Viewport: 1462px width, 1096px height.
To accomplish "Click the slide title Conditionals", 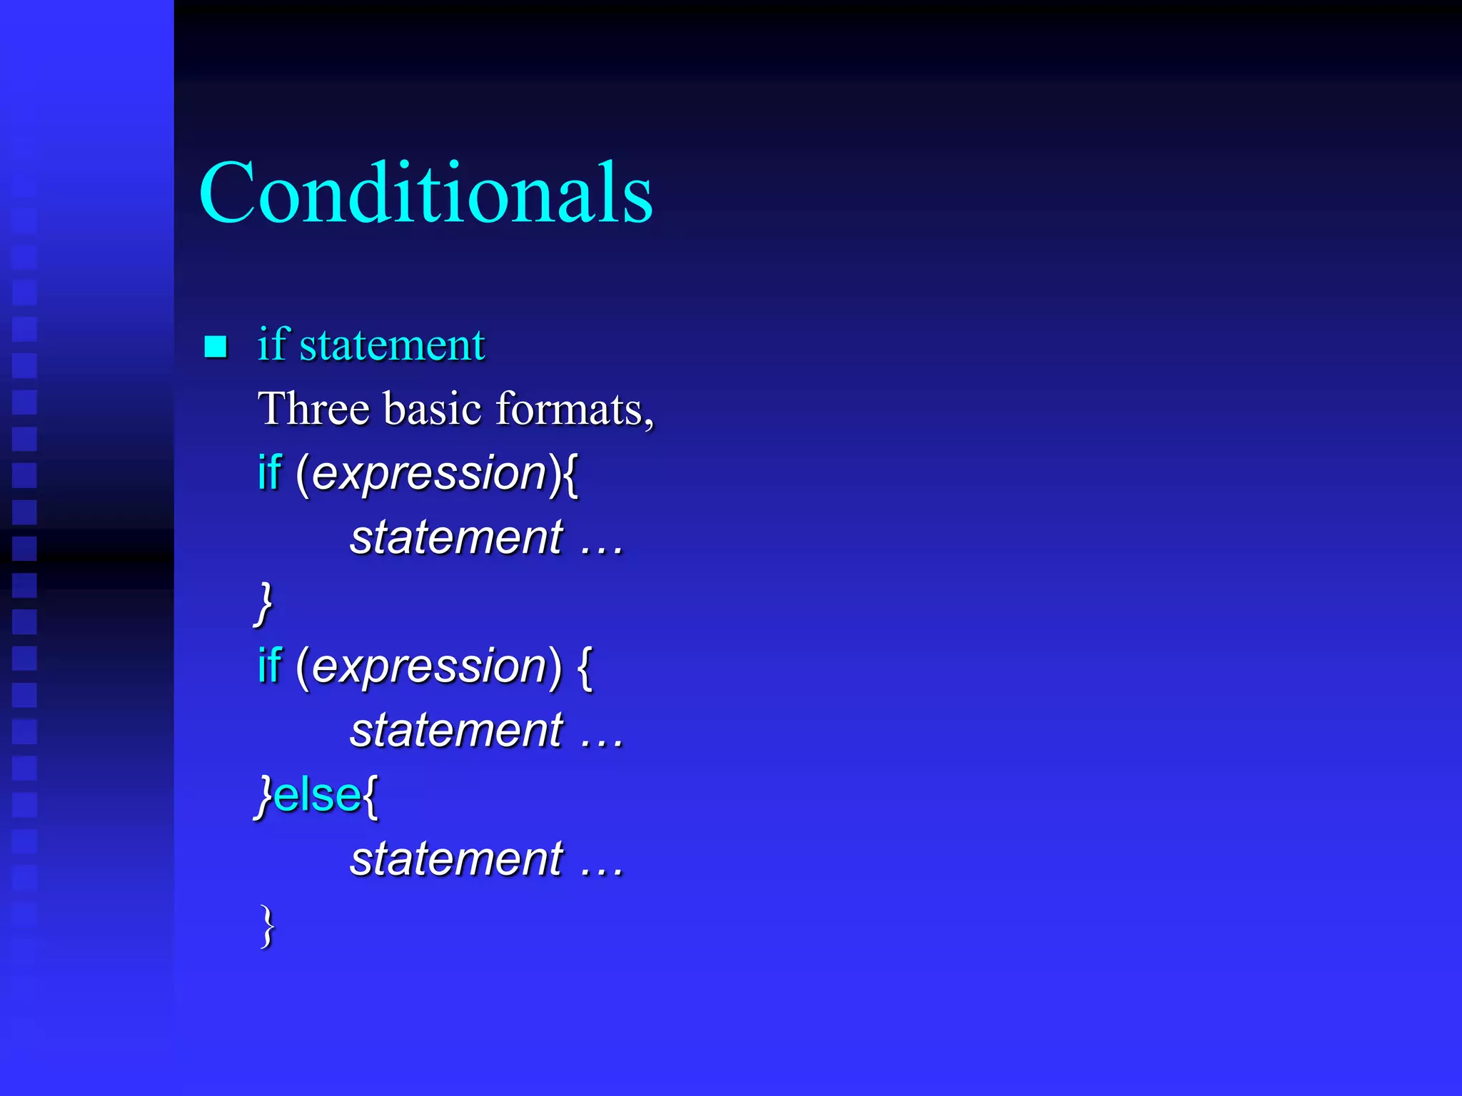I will [x=425, y=193].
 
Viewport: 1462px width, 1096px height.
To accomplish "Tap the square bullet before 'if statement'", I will [x=216, y=347].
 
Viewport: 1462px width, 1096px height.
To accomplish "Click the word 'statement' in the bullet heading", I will [x=392, y=345].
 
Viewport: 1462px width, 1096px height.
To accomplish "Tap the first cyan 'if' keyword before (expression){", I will [x=269, y=473].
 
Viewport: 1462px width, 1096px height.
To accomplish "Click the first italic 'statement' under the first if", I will [x=456, y=537].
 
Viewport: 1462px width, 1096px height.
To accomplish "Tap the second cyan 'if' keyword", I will [x=269, y=666].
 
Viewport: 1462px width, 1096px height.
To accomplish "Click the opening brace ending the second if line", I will [x=585, y=667].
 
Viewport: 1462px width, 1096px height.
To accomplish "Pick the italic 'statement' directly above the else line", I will [x=456, y=731].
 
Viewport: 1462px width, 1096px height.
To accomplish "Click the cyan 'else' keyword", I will [x=317, y=795].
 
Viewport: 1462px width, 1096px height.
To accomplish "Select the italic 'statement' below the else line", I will [x=456, y=858].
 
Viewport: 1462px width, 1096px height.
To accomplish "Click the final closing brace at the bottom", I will [x=267, y=925].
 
